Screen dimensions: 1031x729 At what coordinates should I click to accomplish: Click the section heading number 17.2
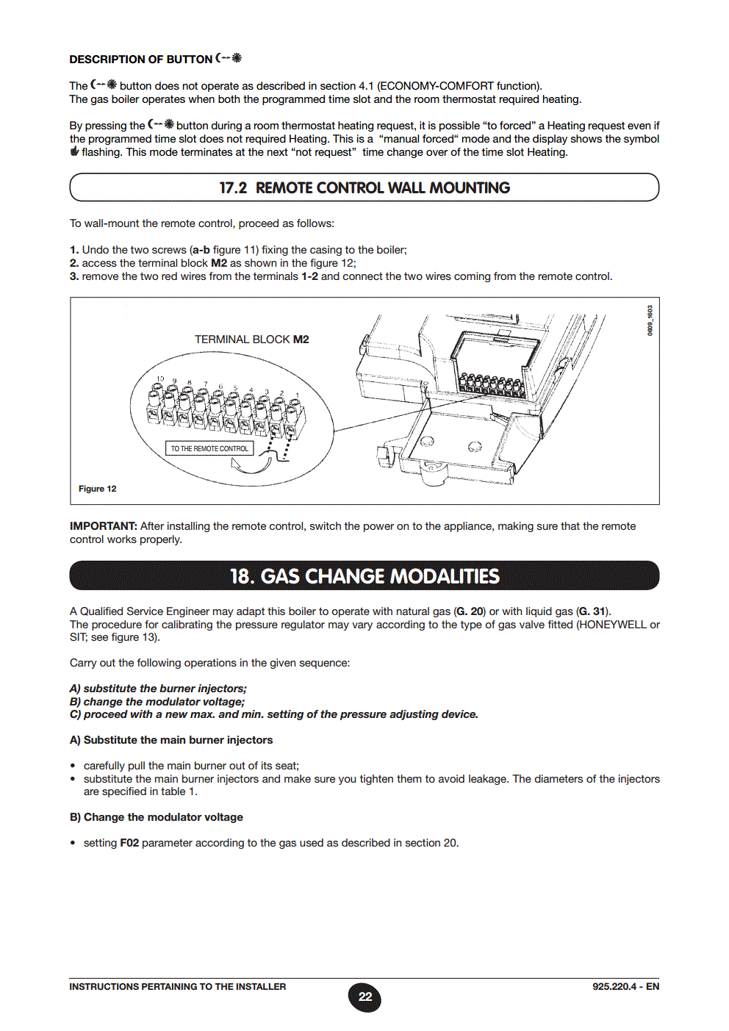coord(233,188)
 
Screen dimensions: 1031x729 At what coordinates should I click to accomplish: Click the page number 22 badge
coord(364,997)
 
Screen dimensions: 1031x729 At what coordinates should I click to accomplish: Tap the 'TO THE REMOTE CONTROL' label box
coord(209,448)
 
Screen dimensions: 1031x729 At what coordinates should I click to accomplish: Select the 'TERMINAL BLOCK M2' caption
coord(251,340)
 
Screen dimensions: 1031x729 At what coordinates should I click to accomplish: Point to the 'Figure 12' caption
coord(97,489)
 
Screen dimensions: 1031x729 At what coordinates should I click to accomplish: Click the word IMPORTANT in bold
coord(103,526)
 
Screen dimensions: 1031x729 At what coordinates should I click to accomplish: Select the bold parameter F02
coord(129,843)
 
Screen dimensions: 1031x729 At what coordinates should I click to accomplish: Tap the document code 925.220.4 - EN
coord(625,987)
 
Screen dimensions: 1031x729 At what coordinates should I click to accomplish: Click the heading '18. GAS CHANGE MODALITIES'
coord(364,576)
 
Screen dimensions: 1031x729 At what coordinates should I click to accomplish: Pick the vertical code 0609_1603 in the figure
coord(650,321)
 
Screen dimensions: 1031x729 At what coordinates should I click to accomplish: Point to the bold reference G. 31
coord(592,611)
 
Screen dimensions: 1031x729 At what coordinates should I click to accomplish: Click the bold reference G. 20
coord(470,611)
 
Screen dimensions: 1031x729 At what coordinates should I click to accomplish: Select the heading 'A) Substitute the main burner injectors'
coord(171,740)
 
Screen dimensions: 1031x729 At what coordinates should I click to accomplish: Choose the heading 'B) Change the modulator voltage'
coord(156,817)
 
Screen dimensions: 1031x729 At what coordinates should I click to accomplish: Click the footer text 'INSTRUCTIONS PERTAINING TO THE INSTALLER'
coord(178,987)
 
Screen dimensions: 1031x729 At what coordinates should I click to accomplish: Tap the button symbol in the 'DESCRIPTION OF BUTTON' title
coord(229,58)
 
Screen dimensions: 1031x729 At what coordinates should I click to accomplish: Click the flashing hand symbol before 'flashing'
coord(74,152)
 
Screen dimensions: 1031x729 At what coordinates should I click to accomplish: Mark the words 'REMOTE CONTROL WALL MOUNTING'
coord(382,188)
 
